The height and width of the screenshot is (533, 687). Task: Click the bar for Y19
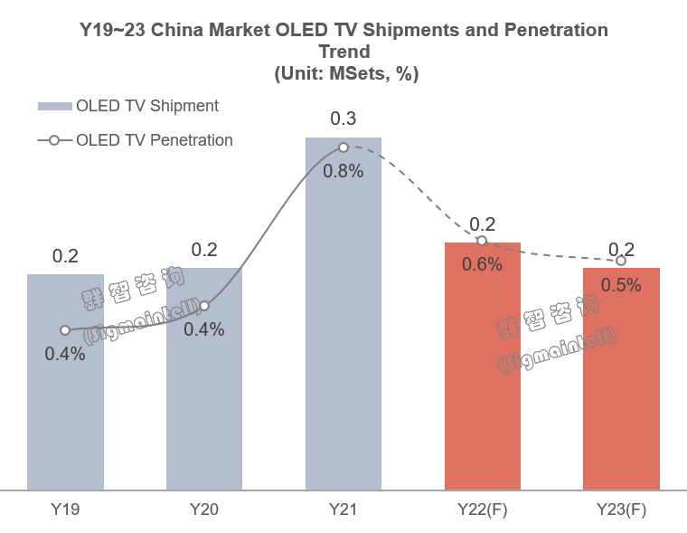pyautogui.click(x=65, y=407)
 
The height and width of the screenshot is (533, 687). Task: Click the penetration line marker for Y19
pyautogui.click(x=65, y=330)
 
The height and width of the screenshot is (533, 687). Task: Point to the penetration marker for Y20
pyautogui.click(x=204, y=306)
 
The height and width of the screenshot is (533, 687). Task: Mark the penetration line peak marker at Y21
pyautogui.click(x=343, y=147)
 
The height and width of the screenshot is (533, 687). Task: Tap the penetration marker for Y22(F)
pyautogui.click(x=482, y=241)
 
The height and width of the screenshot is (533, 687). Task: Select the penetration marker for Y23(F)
pyautogui.click(x=620, y=261)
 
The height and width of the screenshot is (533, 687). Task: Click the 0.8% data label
pyautogui.click(x=343, y=171)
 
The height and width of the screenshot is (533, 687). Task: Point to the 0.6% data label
pyautogui.click(x=482, y=264)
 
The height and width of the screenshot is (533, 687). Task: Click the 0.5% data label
pyautogui.click(x=621, y=285)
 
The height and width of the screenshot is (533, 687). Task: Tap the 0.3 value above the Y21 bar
pyautogui.click(x=343, y=119)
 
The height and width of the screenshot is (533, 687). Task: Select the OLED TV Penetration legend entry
pyautogui.click(x=136, y=140)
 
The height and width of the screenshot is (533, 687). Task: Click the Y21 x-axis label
pyautogui.click(x=343, y=510)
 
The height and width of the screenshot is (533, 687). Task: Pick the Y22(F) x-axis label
pyautogui.click(x=482, y=510)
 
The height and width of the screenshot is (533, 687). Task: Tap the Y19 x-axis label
pyautogui.click(x=65, y=510)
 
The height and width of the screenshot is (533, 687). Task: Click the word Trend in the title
pyautogui.click(x=344, y=52)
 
